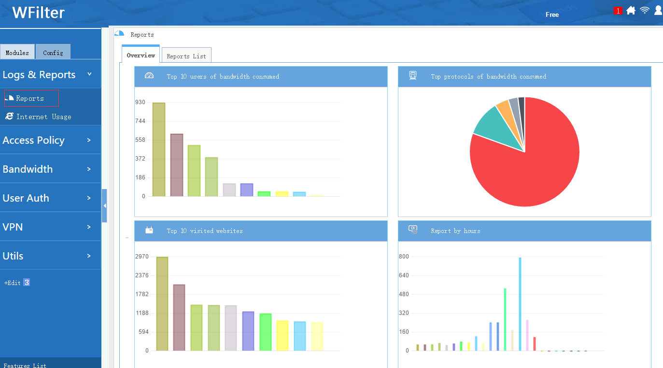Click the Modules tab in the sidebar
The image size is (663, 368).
click(17, 52)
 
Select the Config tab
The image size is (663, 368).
click(53, 52)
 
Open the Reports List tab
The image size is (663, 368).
click(186, 56)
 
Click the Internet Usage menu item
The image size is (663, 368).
click(39, 116)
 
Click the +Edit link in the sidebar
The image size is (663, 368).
click(13, 283)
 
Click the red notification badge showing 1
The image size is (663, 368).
click(618, 11)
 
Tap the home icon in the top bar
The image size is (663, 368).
click(631, 10)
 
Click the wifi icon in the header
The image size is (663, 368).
click(644, 10)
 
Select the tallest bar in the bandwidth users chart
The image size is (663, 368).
click(159, 149)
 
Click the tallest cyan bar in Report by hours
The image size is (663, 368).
click(520, 304)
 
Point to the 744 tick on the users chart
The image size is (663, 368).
click(140, 121)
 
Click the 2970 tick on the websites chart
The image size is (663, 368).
click(142, 256)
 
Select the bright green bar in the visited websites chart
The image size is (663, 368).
click(266, 332)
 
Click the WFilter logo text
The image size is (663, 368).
click(38, 13)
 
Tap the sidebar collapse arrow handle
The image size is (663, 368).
click(104, 205)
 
